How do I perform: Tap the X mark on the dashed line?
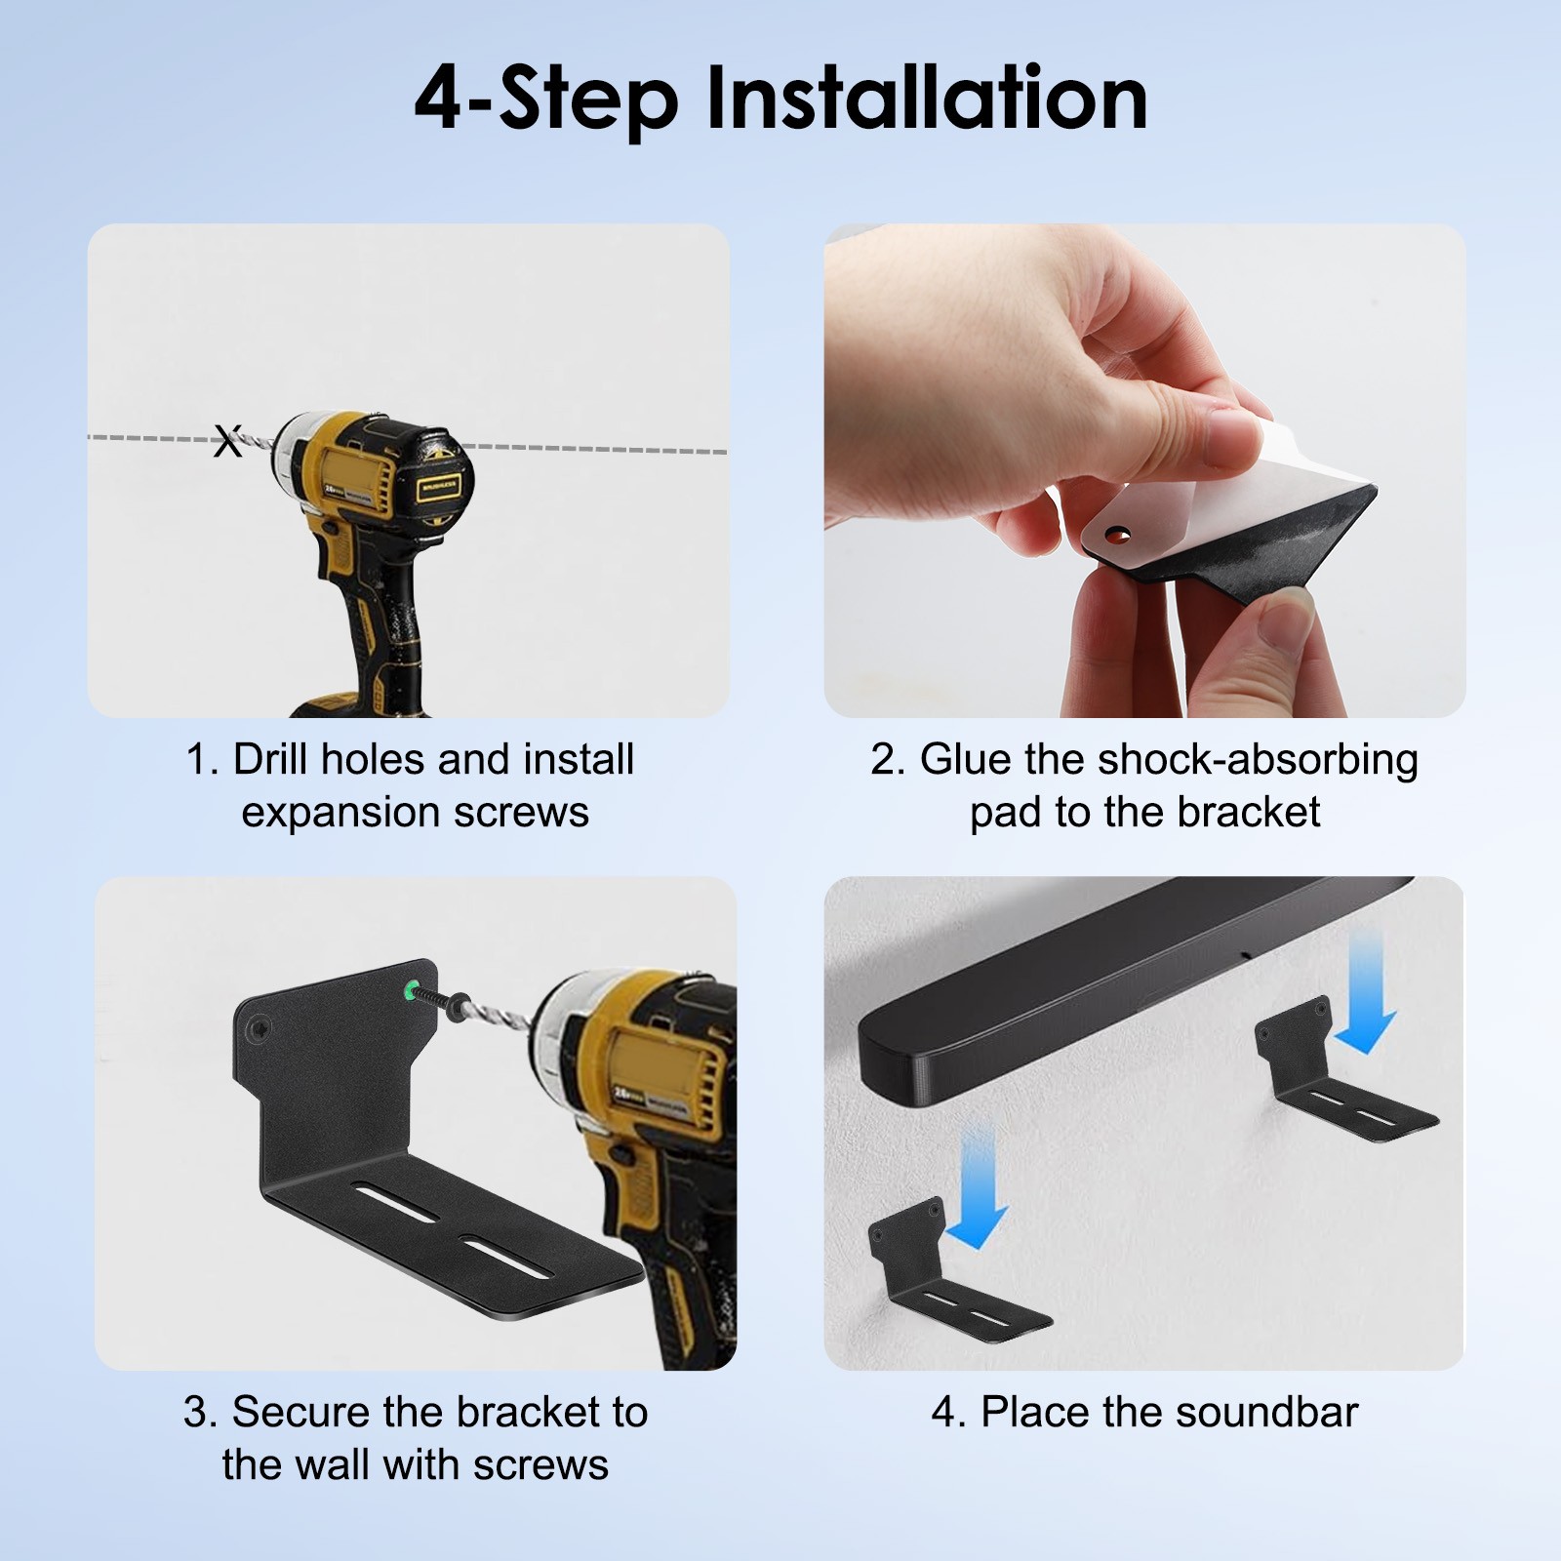click(227, 441)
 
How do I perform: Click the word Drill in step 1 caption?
click(270, 760)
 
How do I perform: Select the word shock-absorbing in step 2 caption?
click(1258, 760)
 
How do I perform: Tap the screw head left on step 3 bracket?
click(260, 1026)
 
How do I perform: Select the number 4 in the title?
click(436, 100)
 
